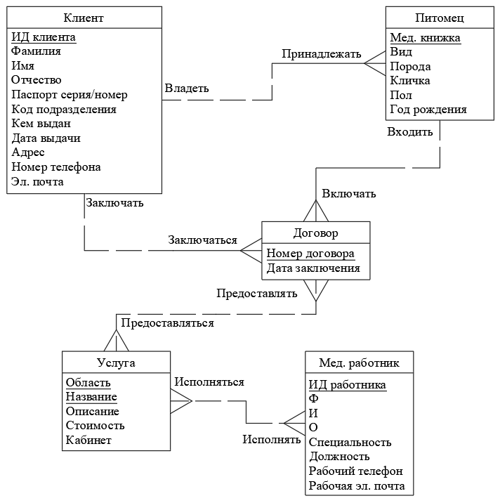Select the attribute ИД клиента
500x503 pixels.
point(44,37)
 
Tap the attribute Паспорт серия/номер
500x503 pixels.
point(70,95)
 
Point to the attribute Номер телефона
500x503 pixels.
point(56,167)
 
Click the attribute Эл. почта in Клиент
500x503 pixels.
point(38,182)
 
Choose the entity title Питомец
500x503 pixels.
point(440,18)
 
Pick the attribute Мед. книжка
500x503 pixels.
point(426,38)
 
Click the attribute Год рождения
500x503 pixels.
point(428,110)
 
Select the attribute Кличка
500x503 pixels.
point(410,81)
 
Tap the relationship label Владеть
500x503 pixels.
point(187,88)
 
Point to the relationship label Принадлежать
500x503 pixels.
point(322,54)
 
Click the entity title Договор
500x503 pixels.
point(315,233)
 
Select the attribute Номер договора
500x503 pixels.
point(310,254)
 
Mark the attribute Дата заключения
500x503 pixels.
point(313,268)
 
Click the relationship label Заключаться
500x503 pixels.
point(202,240)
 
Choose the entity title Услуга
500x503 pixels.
point(115,362)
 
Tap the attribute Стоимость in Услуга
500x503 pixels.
point(96,426)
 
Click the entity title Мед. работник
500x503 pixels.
point(359,362)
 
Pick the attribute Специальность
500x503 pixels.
point(350,442)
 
